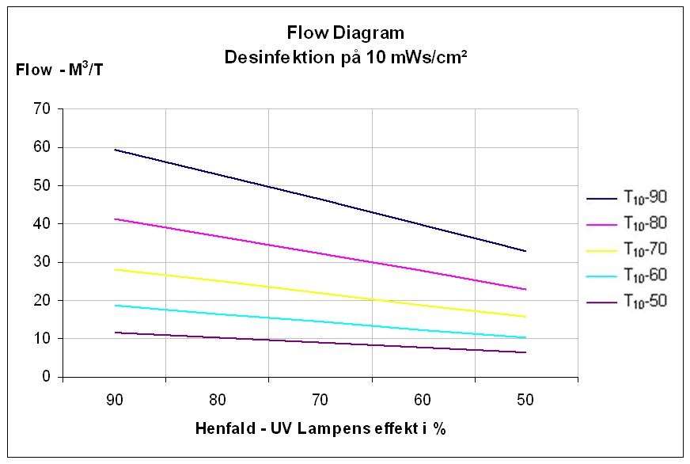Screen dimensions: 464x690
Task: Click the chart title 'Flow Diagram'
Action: [x=345, y=33]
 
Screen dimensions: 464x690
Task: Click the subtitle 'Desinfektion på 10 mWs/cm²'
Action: [x=345, y=57]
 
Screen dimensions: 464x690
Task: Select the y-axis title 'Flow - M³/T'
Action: [x=59, y=70]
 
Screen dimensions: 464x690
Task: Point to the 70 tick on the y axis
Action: [x=42, y=108]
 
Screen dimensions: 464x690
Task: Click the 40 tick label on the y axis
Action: [x=42, y=223]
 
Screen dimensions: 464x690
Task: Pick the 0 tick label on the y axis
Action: [x=47, y=377]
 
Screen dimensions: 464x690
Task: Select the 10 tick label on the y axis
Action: [x=42, y=339]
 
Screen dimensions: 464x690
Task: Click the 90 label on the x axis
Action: [x=115, y=399]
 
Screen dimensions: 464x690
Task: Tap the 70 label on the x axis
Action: [x=320, y=399]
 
